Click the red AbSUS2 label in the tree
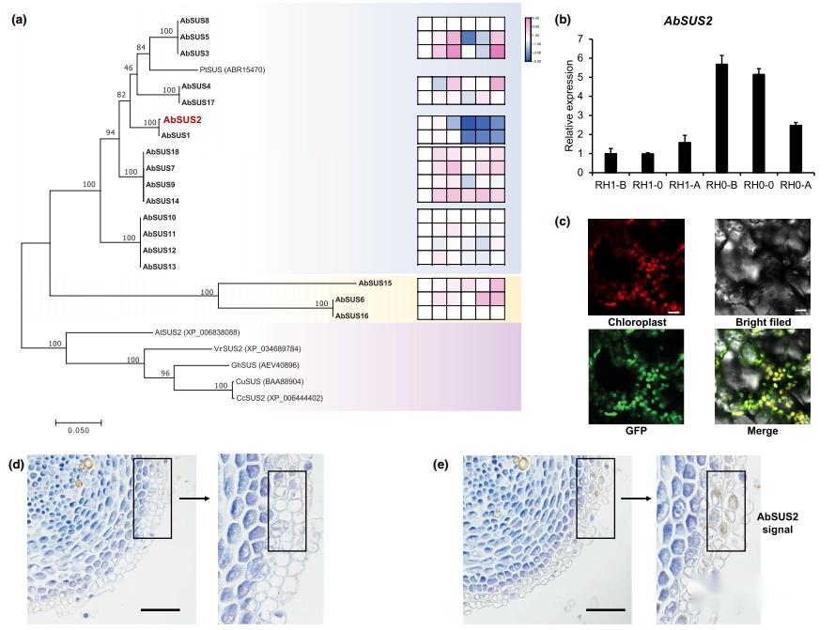[x=182, y=120]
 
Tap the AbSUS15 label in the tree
[x=376, y=283]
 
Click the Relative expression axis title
[x=568, y=105]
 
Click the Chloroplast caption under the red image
[x=632, y=322]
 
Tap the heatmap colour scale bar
[x=529, y=39]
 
